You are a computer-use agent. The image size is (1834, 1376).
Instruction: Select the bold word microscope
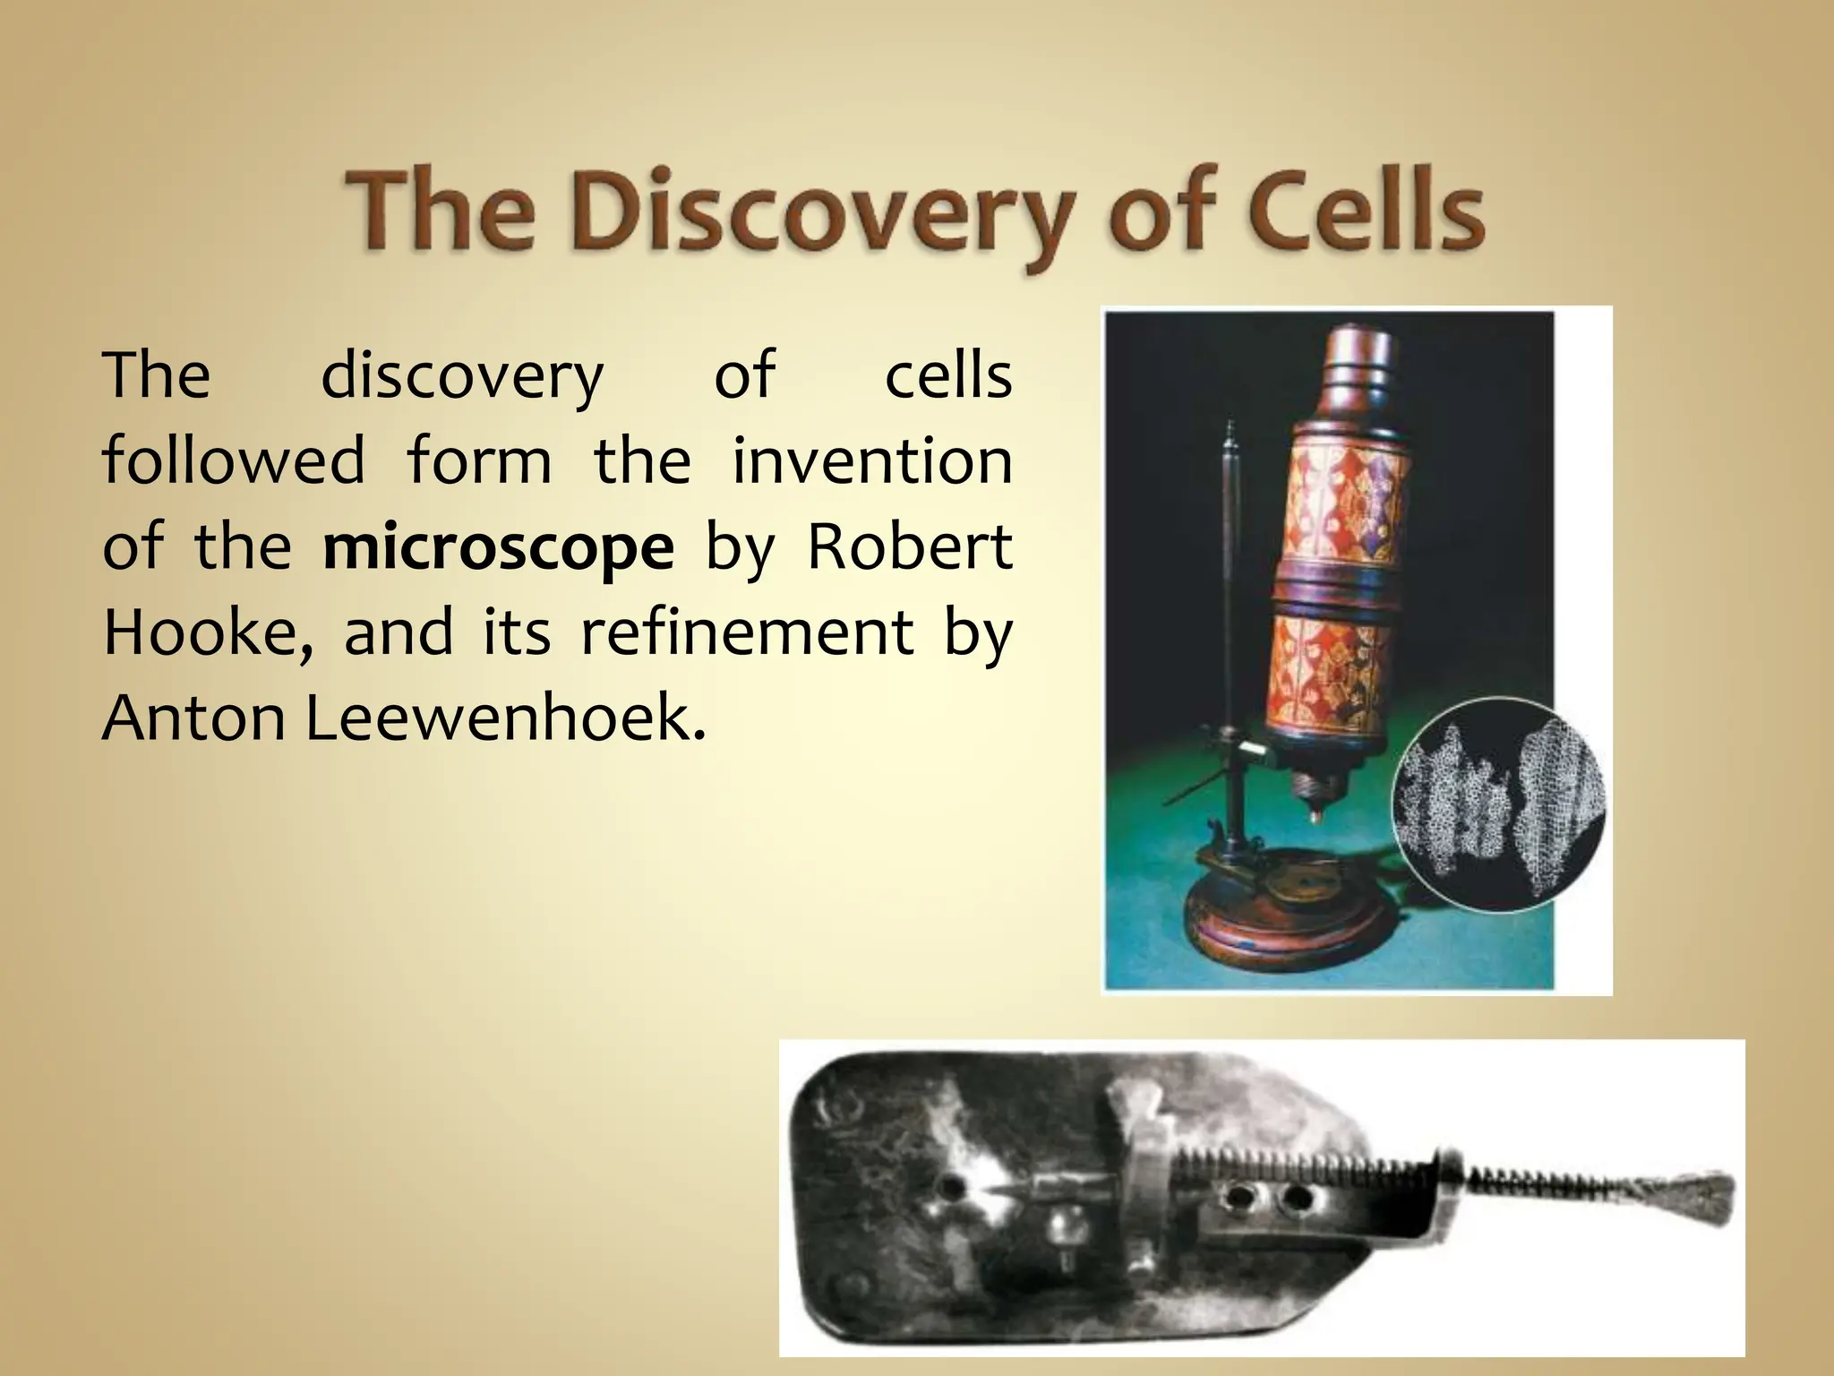tap(499, 548)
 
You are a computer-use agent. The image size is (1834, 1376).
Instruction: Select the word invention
tap(872, 460)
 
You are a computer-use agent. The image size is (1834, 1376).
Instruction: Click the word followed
tap(234, 460)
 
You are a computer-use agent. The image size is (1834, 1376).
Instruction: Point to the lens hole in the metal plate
tap(951, 1188)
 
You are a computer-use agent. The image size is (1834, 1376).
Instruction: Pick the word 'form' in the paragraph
tap(480, 460)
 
